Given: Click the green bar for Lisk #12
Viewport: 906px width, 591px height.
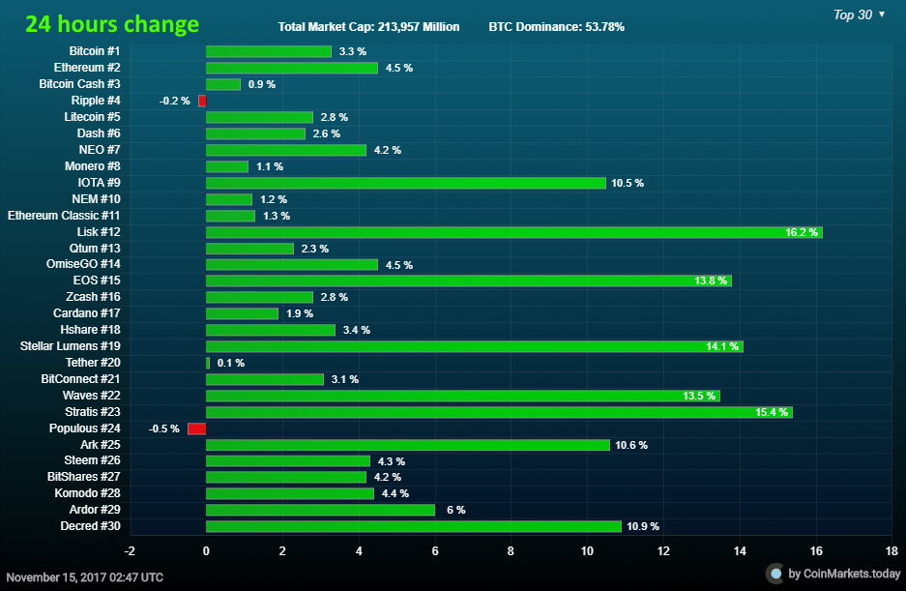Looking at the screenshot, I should click(513, 232).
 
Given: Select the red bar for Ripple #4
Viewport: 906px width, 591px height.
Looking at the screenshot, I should click(202, 101).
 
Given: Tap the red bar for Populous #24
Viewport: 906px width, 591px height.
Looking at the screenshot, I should click(196, 428).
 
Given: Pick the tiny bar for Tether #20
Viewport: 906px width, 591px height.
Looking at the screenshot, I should click(208, 363).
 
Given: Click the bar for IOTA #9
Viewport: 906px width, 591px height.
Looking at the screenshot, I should click(405, 183).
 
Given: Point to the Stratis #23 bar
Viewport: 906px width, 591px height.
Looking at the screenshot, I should click(499, 412).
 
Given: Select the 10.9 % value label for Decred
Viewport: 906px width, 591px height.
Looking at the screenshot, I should click(643, 526).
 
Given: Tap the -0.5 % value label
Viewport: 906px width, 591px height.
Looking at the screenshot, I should click(163, 428).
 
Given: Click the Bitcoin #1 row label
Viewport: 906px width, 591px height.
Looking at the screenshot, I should click(95, 51).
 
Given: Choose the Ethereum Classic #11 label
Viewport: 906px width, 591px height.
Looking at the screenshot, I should click(64, 216).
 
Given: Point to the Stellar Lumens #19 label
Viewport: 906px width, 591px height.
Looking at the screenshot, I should click(70, 346).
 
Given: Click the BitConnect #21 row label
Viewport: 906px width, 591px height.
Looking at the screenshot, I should click(80, 379).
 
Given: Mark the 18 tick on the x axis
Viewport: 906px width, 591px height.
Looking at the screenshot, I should click(891, 550).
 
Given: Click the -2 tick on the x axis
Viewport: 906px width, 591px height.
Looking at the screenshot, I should click(130, 550).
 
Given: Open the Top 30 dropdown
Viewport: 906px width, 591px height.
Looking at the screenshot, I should click(859, 15).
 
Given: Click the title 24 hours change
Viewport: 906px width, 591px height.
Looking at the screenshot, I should click(112, 25).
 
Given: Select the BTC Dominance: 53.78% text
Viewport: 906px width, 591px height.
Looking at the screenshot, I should click(556, 27).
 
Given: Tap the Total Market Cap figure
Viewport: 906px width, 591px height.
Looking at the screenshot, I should click(368, 27).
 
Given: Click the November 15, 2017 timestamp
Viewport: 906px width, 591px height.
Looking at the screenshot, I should click(84, 576).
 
